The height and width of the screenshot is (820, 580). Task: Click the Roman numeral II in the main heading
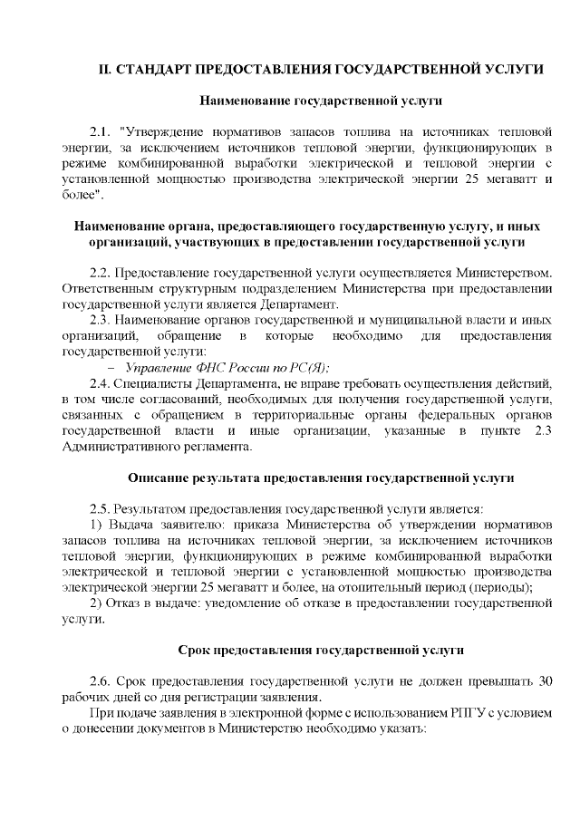click(x=105, y=70)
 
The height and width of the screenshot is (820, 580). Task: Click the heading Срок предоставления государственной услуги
click(x=321, y=650)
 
